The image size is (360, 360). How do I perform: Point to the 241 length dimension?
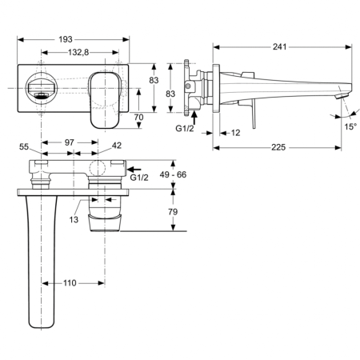[279, 46]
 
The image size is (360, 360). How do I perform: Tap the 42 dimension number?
[117, 146]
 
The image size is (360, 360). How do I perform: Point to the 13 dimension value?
[73, 218]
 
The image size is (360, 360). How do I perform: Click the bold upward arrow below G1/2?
[196, 114]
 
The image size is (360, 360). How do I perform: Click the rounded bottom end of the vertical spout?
[43, 323]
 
